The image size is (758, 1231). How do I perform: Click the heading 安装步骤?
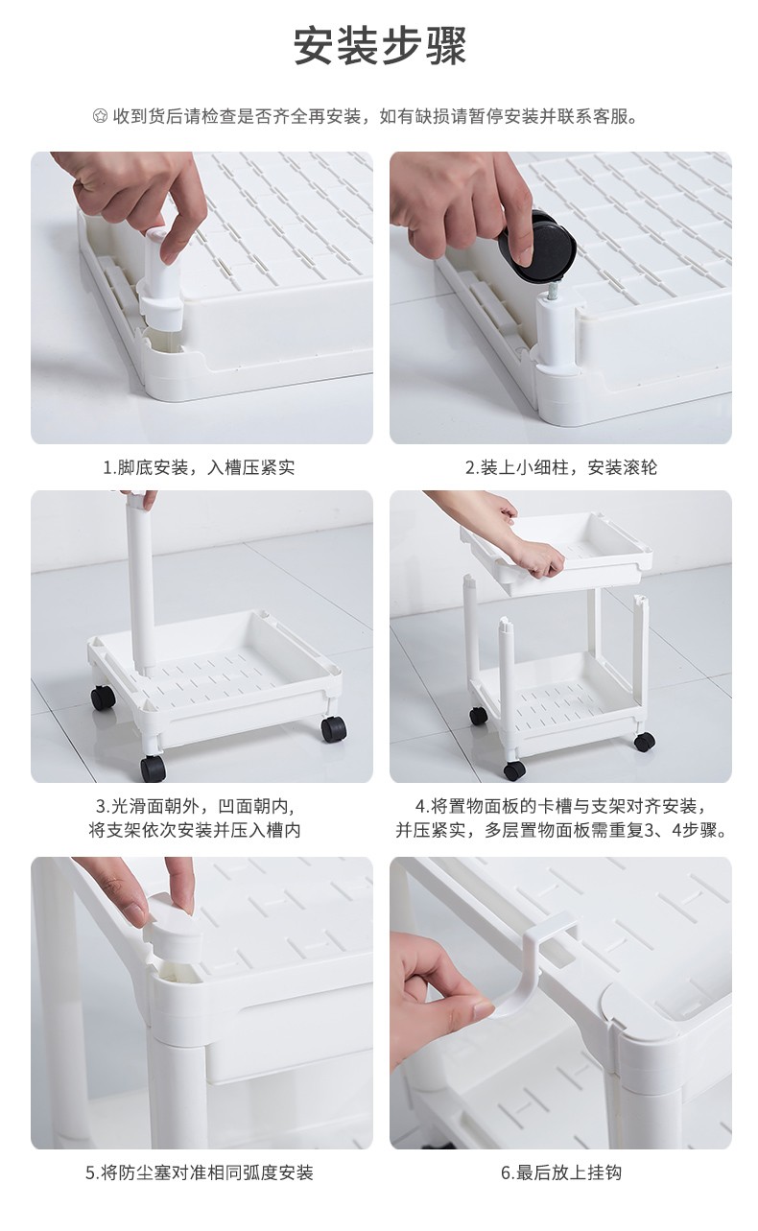pos(380,46)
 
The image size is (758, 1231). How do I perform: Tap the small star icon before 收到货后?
pos(100,116)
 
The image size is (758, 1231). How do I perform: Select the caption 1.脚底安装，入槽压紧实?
pos(199,467)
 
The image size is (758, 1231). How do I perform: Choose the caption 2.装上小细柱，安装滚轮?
pos(560,467)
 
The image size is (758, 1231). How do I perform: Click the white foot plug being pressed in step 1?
pos(158,281)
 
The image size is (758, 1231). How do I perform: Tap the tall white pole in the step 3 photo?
pos(140,582)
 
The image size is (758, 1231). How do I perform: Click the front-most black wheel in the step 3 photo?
pos(153,768)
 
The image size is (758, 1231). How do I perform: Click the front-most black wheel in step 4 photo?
pos(514,770)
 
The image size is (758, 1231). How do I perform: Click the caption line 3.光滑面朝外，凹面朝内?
pos(196,806)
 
